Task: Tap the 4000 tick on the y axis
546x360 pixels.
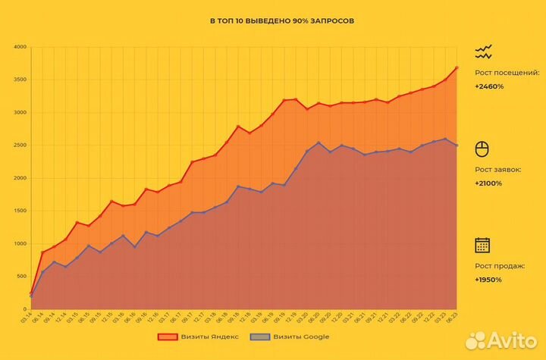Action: (x=20, y=47)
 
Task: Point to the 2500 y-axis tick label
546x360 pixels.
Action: (x=20, y=146)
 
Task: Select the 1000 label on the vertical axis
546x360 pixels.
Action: (x=20, y=243)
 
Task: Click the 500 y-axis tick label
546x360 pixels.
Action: (x=22, y=276)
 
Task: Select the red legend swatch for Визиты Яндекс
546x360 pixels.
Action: (x=167, y=337)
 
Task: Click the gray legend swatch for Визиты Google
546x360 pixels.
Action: (x=262, y=337)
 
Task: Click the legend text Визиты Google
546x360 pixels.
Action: (x=301, y=337)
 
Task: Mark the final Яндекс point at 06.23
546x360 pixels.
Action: (x=457, y=67)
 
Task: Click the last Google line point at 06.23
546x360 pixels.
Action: (x=457, y=145)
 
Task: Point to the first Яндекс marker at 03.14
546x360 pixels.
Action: (x=31, y=293)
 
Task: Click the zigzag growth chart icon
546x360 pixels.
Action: (x=483, y=52)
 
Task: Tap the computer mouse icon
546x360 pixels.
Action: (x=482, y=148)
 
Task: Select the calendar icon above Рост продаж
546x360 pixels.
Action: (x=482, y=245)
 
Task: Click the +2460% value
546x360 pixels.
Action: (x=489, y=86)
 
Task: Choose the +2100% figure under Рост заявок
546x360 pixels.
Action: (x=489, y=183)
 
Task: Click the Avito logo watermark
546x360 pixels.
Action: (x=500, y=340)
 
